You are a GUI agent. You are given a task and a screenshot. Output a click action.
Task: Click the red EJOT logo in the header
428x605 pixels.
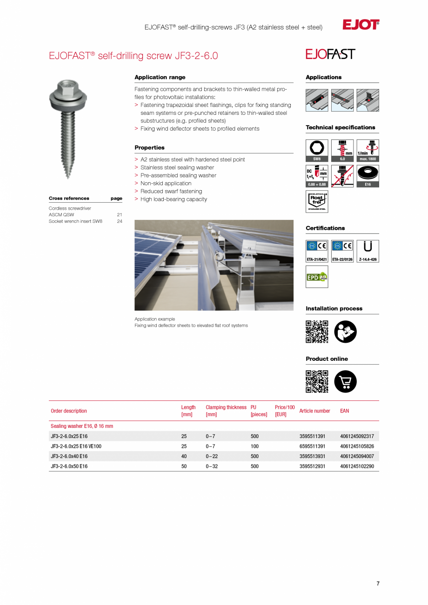coord(361,25)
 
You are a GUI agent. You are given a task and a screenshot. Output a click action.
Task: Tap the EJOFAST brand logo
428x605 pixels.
coord(330,54)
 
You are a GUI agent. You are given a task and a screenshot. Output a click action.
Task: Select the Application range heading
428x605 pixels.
coord(160,77)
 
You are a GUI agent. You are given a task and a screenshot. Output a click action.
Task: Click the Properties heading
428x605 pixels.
coord(149,147)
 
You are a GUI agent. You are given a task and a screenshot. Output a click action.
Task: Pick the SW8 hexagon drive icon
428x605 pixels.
coord(317,151)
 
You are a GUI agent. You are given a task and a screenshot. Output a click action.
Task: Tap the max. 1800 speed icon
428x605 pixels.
coord(368,151)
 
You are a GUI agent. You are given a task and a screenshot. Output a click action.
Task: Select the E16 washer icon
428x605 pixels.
coord(368,176)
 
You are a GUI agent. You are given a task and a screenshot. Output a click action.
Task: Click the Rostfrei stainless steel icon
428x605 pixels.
coord(317,201)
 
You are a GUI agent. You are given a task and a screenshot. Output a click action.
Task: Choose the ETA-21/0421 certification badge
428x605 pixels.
coord(317,251)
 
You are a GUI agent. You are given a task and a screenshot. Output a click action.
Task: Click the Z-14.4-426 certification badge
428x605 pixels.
coord(368,251)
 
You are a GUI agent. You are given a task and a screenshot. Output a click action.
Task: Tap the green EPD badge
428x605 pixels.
coord(317,277)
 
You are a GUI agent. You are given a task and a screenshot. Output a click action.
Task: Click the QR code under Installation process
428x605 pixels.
coord(317,332)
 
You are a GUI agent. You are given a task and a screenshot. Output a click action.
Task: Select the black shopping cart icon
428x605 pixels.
coord(345,382)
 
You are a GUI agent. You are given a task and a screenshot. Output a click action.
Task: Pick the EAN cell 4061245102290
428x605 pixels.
coord(357,466)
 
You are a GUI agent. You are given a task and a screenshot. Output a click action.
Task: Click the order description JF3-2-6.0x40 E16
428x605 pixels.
coord(69,456)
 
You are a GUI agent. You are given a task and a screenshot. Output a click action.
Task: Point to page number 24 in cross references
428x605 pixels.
coord(120,221)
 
